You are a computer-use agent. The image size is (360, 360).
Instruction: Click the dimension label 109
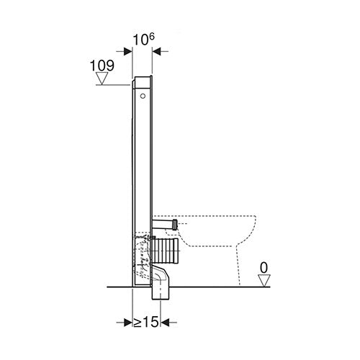(x=102, y=66)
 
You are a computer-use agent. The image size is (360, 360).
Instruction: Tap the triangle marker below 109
(x=102, y=78)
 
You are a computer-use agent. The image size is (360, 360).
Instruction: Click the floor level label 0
(x=264, y=268)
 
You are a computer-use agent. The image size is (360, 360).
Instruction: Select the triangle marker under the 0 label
(x=264, y=281)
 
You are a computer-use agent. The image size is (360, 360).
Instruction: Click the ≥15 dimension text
(x=146, y=322)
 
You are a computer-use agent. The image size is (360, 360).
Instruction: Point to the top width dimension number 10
(x=140, y=40)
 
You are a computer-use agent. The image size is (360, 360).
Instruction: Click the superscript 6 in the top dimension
(x=151, y=37)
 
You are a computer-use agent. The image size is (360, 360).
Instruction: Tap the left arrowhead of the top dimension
(x=127, y=51)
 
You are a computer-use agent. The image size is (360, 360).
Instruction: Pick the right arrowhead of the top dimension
(x=156, y=51)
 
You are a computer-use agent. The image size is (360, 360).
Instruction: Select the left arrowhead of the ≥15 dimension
(x=128, y=323)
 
